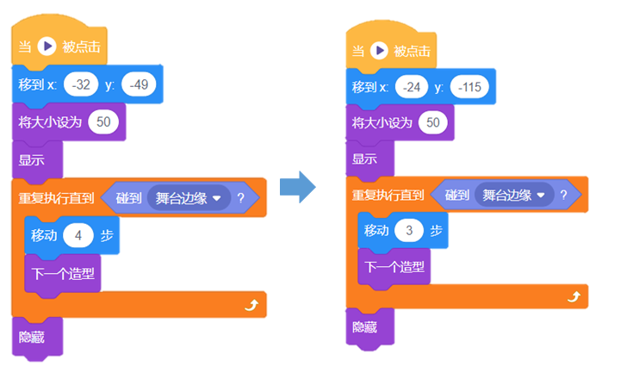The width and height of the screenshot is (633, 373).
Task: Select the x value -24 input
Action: coord(415,87)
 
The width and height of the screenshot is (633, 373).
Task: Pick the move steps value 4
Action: coord(77,235)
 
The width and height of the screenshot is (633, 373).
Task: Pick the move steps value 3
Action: coord(409,230)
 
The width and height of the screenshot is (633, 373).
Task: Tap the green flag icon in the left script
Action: coord(47,46)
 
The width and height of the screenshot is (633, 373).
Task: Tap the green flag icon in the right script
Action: coord(379,51)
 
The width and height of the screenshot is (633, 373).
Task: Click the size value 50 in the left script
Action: coord(103,121)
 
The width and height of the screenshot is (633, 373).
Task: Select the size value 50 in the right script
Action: coord(433,123)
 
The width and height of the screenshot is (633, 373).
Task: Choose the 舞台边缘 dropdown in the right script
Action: coord(515,196)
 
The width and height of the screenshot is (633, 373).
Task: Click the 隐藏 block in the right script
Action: coord(366,328)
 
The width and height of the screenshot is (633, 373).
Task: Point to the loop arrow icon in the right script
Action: coord(574,296)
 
